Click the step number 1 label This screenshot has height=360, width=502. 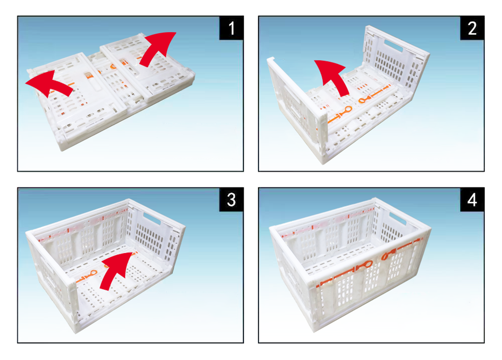[x=231, y=28]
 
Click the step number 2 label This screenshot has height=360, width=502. [x=472, y=28]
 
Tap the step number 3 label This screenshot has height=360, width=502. [x=231, y=200]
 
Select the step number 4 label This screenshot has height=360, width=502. [x=472, y=200]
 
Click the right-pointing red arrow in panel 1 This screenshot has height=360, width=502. [x=157, y=47]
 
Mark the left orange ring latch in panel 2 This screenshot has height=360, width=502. [x=347, y=110]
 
